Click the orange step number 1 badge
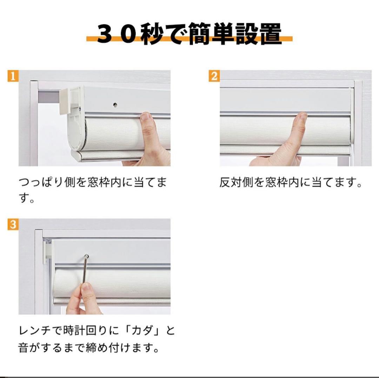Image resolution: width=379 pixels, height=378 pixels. tap(13, 76)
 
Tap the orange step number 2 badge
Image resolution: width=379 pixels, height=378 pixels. tap(214, 76)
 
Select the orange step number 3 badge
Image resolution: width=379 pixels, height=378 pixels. tap(13, 224)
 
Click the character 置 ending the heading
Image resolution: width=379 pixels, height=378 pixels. tap(271, 34)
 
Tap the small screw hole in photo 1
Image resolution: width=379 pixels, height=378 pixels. tap(115, 104)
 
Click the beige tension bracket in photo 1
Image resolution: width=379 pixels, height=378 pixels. tap(65, 101)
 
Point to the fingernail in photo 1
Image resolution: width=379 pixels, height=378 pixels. tap(146, 116)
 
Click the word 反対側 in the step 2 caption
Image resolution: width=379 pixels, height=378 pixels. tap(237, 182)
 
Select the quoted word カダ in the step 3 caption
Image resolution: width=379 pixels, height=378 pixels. tap(141, 331)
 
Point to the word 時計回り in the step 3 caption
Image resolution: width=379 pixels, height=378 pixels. tap(85, 331)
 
